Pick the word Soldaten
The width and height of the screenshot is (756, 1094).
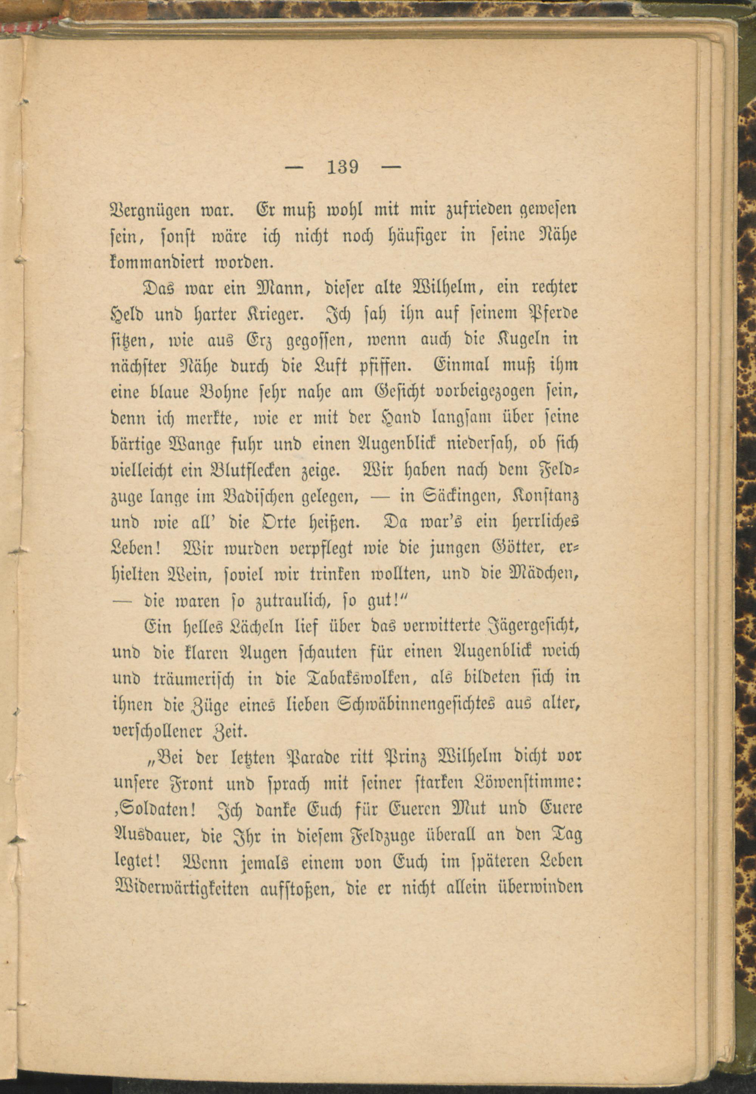155,810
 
